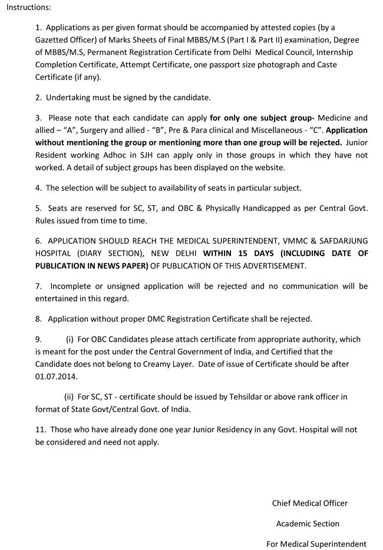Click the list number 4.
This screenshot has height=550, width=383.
click(38, 188)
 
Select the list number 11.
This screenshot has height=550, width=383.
click(41, 430)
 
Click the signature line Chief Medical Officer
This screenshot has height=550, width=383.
click(309, 503)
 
